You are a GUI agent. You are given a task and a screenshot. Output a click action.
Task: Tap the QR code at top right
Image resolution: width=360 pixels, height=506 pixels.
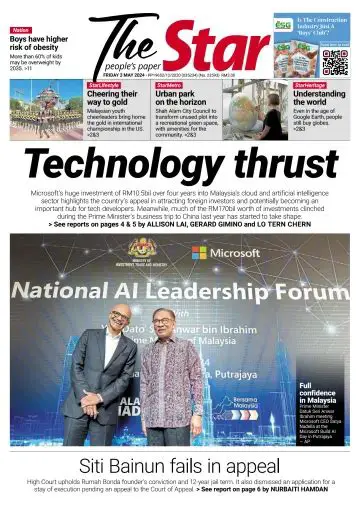[336, 61]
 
